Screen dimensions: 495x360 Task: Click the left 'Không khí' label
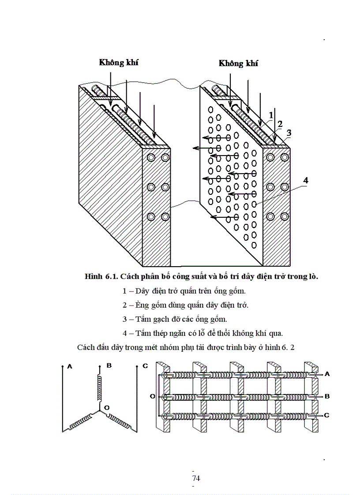[x=119, y=62]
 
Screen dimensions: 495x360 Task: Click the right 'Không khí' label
[x=238, y=63]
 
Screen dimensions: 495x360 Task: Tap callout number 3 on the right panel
[x=289, y=132]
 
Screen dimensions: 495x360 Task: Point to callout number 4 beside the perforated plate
[x=306, y=180]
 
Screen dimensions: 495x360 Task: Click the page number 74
[x=196, y=478]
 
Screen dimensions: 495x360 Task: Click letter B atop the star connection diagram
[x=102, y=366]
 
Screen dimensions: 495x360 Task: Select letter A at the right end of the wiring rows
[x=327, y=374]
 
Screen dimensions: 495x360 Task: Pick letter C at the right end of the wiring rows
[x=327, y=415]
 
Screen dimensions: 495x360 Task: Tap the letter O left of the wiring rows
[x=152, y=396]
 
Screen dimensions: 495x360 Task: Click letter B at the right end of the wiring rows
[x=327, y=396]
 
